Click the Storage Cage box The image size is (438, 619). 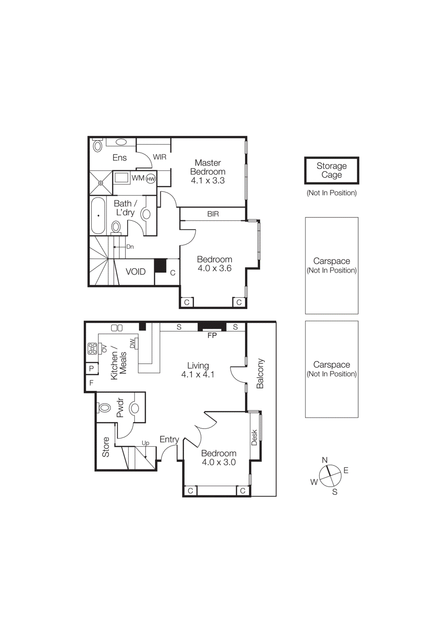(x=332, y=170)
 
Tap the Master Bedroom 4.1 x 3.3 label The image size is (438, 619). (x=208, y=171)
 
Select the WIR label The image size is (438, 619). (x=160, y=157)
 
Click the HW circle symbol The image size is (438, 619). (x=151, y=179)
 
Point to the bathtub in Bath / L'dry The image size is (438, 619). (x=98, y=216)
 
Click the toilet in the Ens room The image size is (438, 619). (x=98, y=146)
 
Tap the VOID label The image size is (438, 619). (x=136, y=272)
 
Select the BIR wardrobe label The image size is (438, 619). (x=213, y=214)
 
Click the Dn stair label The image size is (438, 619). (x=130, y=247)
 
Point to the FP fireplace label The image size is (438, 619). (x=212, y=335)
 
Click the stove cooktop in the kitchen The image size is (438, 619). (x=92, y=349)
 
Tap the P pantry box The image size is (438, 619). (x=91, y=368)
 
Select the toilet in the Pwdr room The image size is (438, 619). (x=105, y=407)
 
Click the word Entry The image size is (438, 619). (x=169, y=439)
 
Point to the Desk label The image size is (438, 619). (x=254, y=437)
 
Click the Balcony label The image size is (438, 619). (x=260, y=373)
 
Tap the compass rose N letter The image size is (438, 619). (x=325, y=460)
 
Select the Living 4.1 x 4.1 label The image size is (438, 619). (x=198, y=370)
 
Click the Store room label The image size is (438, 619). (x=106, y=447)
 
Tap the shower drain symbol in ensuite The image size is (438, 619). (x=101, y=183)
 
